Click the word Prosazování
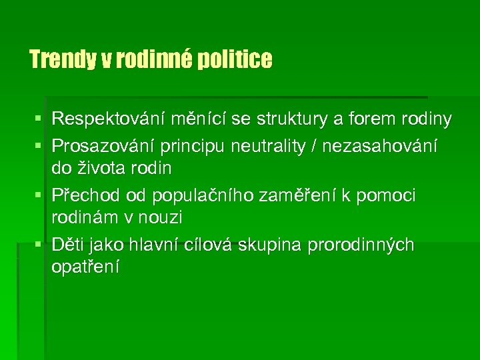[x=107, y=145]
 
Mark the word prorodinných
[x=361, y=245]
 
